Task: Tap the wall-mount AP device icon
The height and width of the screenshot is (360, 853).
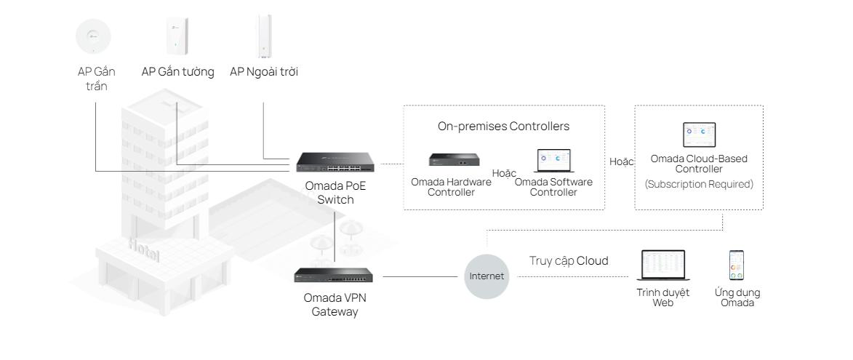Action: click(175, 35)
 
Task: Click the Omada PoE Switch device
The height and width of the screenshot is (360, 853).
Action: click(335, 164)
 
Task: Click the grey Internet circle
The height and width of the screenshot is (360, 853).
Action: click(486, 276)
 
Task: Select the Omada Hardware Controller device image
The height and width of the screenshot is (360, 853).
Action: click(453, 160)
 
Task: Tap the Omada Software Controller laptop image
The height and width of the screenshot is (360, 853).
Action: click(554, 161)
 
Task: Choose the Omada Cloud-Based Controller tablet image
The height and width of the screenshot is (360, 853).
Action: click(699, 135)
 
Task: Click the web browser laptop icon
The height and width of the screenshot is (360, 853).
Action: click(662, 267)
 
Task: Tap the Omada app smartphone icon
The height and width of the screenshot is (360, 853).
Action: click(737, 265)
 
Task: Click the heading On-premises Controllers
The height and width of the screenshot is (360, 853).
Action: click(503, 127)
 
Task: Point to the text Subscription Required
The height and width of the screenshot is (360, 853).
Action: click(699, 185)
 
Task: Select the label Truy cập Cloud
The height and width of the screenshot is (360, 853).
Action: click(568, 261)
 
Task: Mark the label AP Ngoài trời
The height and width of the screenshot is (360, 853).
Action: click(264, 71)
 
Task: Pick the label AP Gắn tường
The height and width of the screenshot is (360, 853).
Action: click(177, 71)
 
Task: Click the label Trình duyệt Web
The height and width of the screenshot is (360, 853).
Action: click(662, 297)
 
